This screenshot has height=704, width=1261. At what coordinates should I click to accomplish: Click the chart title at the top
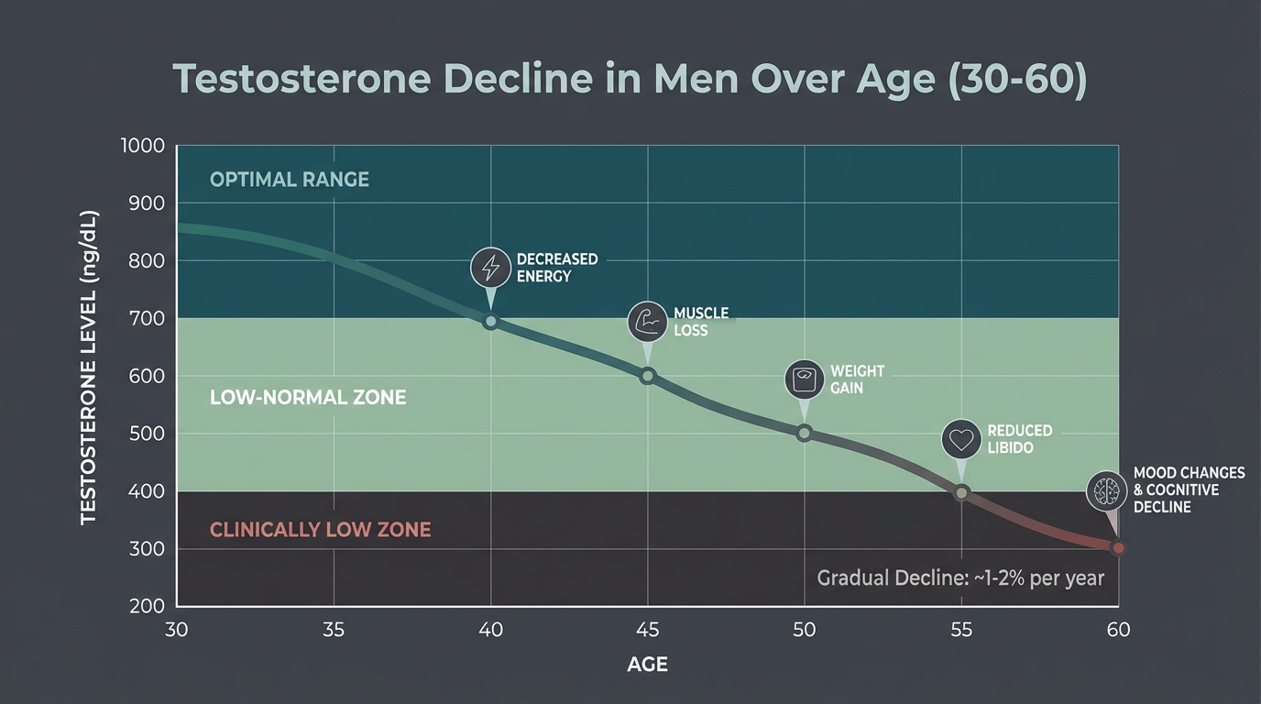[630, 80]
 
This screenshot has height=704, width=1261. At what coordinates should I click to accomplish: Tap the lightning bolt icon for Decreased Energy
[490, 268]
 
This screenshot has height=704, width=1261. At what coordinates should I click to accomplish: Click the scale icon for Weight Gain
[804, 379]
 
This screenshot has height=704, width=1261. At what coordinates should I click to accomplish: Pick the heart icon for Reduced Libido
[960, 439]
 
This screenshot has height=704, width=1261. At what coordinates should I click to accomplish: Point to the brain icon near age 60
[1105, 490]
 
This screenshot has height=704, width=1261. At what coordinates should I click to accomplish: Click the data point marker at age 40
[490, 321]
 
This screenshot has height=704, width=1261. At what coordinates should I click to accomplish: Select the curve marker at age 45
[648, 376]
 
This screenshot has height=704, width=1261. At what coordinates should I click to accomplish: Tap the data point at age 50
[804, 433]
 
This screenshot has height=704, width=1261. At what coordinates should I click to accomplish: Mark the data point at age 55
[961, 493]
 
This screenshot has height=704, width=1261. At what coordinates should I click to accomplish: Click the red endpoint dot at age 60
[1117, 548]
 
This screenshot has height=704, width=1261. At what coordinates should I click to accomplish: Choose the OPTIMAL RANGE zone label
[290, 180]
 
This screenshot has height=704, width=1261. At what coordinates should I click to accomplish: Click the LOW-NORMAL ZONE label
[308, 398]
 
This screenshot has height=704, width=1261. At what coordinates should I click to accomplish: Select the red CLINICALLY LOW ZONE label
[320, 530]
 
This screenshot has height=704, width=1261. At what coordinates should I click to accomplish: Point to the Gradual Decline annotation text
[960, 578]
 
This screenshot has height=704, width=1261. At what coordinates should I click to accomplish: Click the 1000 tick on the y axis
[142, 146]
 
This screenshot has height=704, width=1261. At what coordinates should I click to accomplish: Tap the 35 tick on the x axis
[334, 630]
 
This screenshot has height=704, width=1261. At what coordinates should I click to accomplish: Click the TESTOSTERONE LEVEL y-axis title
[88, 368]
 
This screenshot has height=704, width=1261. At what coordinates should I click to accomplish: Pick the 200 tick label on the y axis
[147, 606]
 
